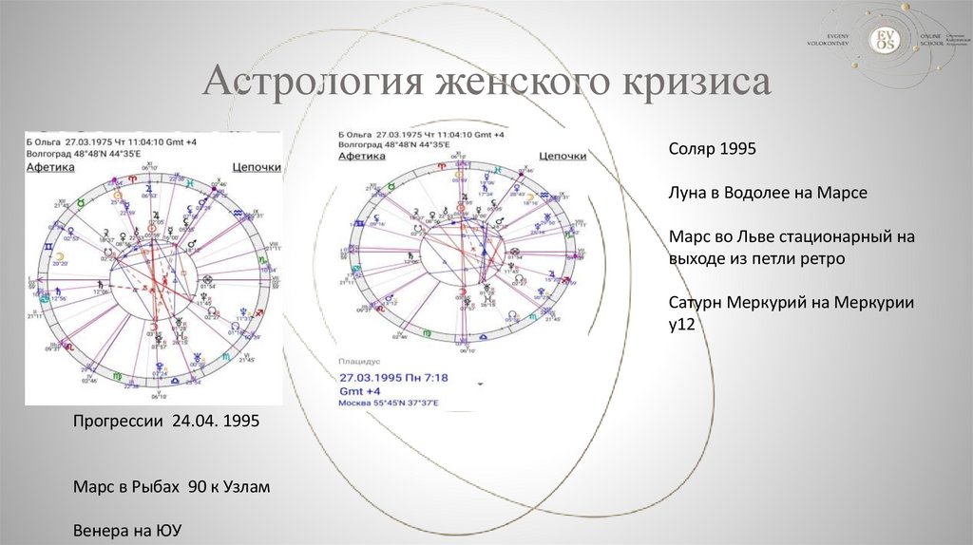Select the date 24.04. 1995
217,420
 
